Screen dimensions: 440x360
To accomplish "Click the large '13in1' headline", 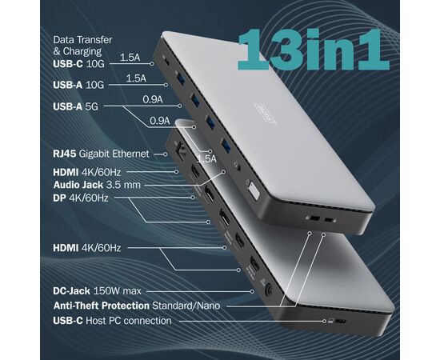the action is pos(314,50).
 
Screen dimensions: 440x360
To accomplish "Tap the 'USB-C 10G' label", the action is pos(78,64).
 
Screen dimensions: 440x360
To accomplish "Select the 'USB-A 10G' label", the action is pos(78,85).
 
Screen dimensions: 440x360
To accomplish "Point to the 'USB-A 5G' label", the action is pos(75,106).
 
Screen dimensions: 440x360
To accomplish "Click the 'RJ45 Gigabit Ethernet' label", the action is pos(101,154).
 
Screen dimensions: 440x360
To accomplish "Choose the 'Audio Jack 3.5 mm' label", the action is pos(97,185).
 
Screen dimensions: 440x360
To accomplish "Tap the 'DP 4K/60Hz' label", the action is pos(81,198).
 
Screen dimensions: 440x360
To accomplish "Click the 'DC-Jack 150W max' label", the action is pos(97,291).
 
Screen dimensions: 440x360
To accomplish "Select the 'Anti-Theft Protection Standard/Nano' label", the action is pos(137,306).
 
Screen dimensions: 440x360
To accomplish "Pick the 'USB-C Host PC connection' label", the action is pos(112,321).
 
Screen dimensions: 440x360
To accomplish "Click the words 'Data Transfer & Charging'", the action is pos(82,46).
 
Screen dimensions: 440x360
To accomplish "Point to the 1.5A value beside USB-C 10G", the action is pos(130,58).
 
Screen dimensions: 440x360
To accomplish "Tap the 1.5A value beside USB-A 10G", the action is pos(136,78).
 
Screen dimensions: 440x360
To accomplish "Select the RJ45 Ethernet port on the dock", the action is pos(178,150).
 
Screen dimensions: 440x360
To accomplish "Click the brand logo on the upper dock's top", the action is pos(266,114).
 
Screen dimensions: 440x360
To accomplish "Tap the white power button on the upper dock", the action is pos(253,191).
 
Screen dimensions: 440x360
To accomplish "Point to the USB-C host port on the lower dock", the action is pos(340,322).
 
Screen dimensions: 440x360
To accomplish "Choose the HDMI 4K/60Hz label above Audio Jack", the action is pos(87,172).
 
